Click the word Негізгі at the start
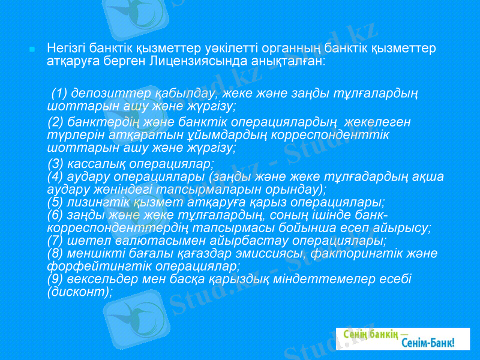tap(66, 47)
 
